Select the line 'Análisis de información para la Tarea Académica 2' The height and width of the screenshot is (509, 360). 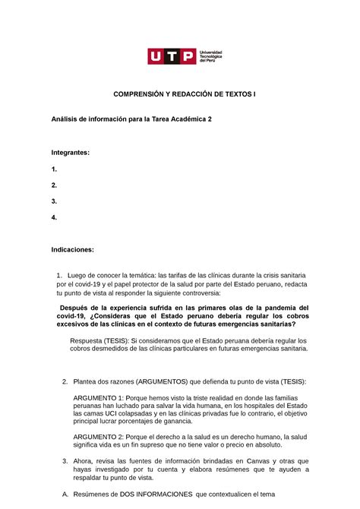click(136, 119)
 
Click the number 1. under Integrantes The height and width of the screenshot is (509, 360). click(54, 169)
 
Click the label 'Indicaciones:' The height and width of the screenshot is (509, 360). click(73, 248)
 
